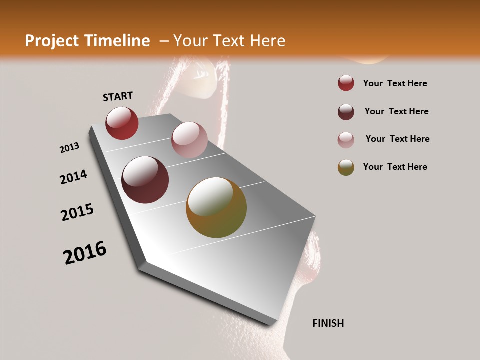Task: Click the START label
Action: pos(118,96)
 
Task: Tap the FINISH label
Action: pos(328,323)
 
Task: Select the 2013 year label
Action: pos(69,148)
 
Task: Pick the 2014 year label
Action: pos(73,177)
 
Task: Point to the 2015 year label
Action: pos(77,212)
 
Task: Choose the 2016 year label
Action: pos(85,253)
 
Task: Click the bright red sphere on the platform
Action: pos(122,123)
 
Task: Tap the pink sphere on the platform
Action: pos(189,140)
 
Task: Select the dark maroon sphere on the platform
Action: pos(145,180)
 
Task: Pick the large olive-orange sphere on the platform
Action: pos(216,207)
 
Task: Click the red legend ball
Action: pos(346,83)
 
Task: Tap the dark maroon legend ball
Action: pos(346,112)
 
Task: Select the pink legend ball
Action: pos(346,140)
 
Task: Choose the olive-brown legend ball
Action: pos(346,167)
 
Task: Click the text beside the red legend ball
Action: pos(395,83)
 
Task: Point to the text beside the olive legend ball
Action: pos(395,167)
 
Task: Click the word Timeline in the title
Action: pos(118,41)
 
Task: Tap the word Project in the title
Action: pos(52,41)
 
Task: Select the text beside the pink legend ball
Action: pos(397,139)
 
